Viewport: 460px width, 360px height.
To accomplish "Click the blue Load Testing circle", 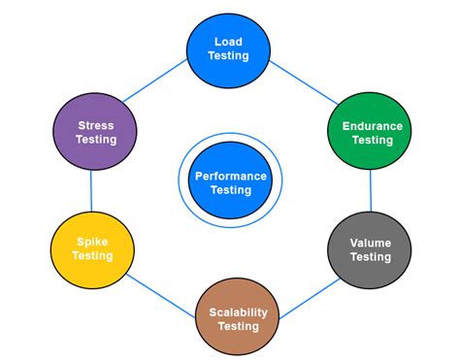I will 229,49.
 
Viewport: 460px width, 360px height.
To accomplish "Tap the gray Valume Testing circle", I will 371,249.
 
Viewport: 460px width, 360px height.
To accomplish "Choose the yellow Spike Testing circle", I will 93,249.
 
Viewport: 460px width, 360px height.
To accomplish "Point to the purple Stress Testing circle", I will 96,132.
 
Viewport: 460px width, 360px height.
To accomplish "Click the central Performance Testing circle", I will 230,182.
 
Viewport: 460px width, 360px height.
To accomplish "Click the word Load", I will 229,42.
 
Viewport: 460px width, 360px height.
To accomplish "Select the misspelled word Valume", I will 371,243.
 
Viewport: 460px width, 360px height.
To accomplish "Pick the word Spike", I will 93,243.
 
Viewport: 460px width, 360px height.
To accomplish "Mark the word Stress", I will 96,125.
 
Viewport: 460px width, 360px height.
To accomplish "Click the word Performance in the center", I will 230,176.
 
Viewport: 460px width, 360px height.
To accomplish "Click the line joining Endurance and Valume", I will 370,191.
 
